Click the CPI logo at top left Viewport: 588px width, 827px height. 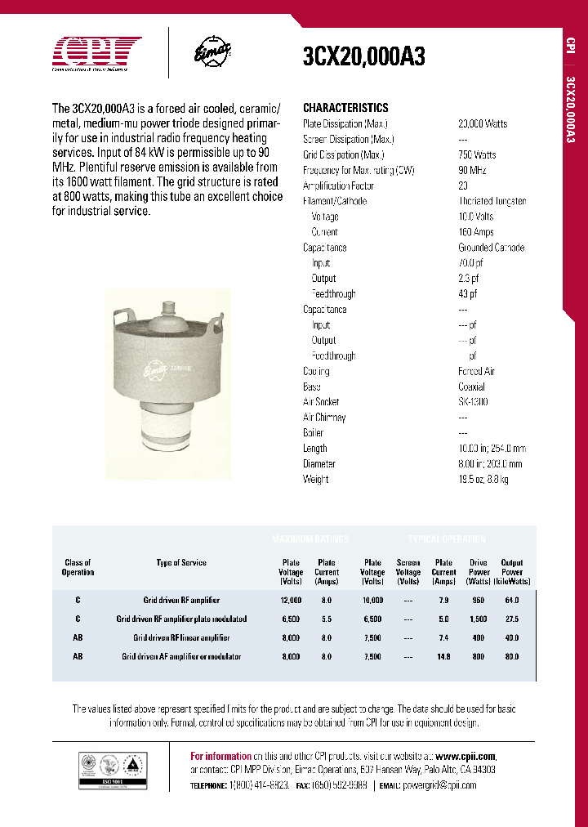tap(97, 54)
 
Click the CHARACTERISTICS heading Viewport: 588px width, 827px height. tap(345, 108)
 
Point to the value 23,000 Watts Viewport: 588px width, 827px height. tap(483, 123)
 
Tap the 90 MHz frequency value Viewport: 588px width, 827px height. tap(472, 170)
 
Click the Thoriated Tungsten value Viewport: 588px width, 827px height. tap(492, 201)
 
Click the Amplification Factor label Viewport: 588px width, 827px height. tap(338, 186)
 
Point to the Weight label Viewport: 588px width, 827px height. tap(316, 480)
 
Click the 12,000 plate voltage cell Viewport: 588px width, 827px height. tap(291, 600)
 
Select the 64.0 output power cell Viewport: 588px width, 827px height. tap(512, 600)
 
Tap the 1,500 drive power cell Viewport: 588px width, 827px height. tap(479, 619)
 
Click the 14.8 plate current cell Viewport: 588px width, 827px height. tap(443, 657)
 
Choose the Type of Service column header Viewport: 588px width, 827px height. tap(181, 563)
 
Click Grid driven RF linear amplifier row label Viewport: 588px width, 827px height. tap(181, 638)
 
